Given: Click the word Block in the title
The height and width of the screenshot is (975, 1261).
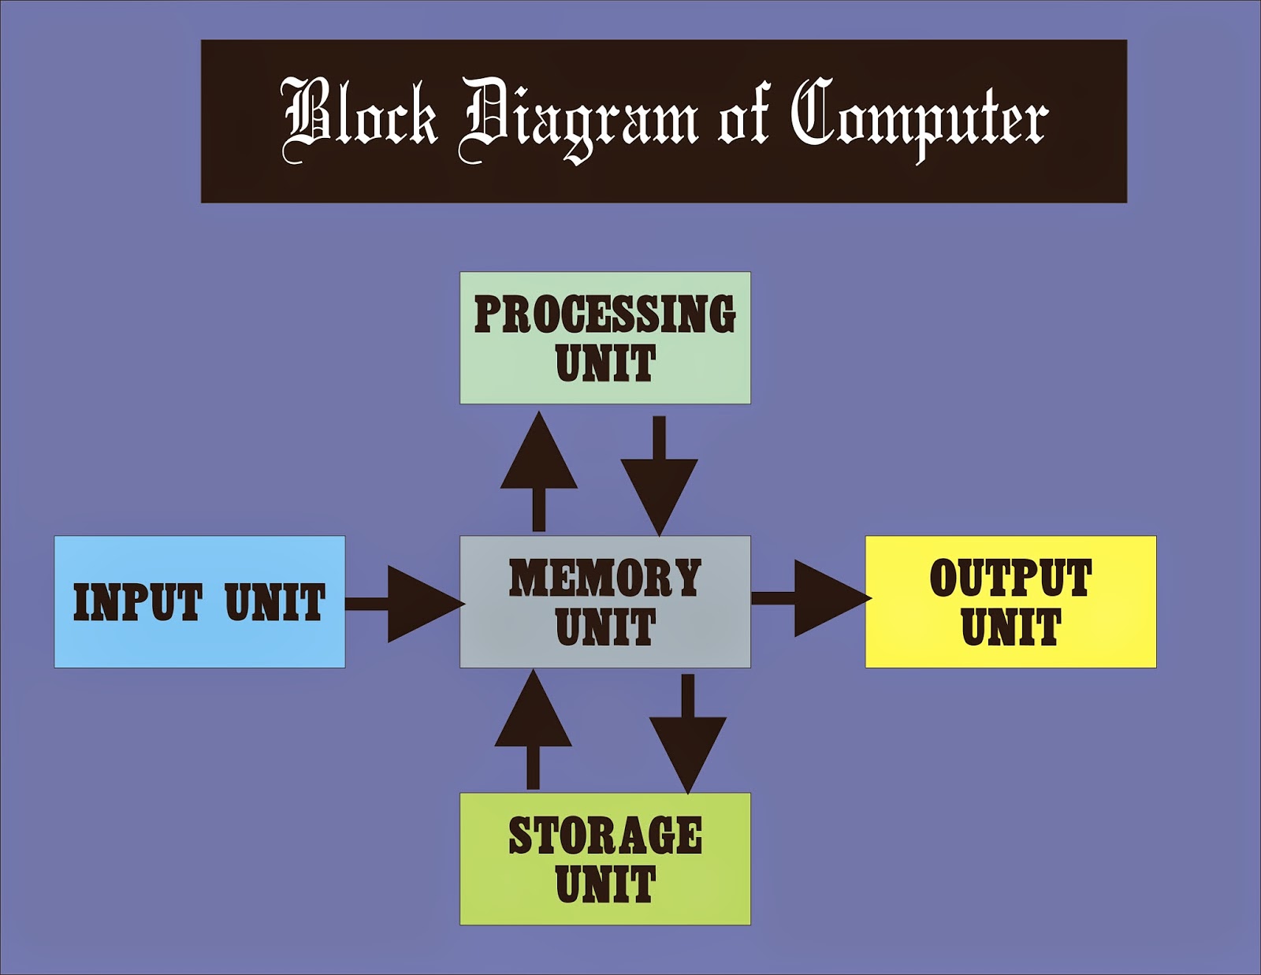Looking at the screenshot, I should [359, 118].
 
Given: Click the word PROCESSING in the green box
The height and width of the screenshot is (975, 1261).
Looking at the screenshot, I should [604, 314].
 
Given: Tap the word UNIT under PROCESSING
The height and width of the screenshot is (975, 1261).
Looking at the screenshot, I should [604, 363].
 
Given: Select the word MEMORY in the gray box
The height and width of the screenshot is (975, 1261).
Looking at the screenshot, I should [604, 578].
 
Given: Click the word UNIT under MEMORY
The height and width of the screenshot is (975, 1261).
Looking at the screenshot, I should [604, 627].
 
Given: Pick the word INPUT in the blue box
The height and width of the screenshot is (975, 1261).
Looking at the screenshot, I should [138, 603].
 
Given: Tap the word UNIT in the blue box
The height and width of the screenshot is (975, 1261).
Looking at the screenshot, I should [275, 603].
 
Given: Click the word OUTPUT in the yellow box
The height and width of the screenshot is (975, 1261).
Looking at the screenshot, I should [1010, 578].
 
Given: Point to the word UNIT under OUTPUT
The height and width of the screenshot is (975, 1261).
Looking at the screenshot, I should [1010, 627].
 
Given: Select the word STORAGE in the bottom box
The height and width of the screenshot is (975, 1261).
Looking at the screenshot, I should [604, 835].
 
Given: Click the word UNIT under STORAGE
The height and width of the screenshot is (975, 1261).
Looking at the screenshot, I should [604, 884].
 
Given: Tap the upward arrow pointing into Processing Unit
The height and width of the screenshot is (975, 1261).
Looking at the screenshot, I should [539, 469].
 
